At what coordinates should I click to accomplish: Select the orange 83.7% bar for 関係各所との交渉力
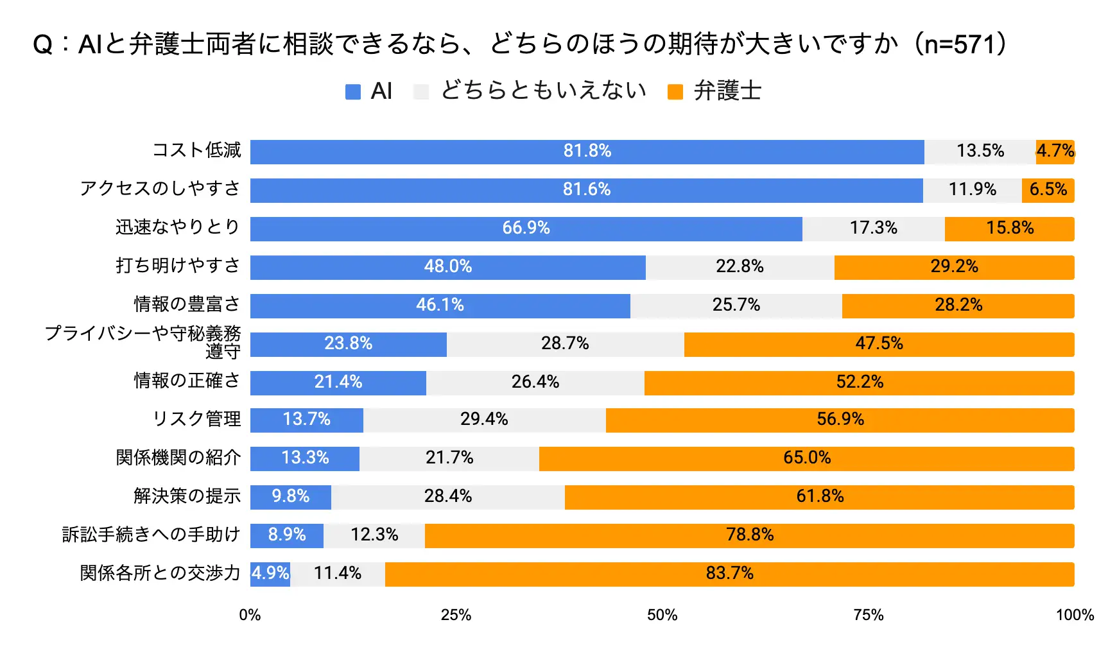[729, 574]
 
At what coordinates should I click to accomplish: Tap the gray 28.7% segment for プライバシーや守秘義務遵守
[565, 344]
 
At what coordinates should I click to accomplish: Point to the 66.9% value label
[526, 228]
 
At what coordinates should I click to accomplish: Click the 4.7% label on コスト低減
[1055, 151]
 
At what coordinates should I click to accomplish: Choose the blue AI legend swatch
[352, 92]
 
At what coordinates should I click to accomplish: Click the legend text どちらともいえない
[543, 91]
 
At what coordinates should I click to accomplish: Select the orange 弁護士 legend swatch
[675, 92]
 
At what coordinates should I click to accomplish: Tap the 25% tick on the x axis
[456, 615]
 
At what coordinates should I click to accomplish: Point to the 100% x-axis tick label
[1075, 615]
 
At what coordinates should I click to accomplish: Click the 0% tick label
[250, 615]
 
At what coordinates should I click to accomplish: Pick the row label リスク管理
[196, 419]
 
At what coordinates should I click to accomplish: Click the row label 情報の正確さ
[187, 381]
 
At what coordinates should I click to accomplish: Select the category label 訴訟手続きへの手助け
[151, 534]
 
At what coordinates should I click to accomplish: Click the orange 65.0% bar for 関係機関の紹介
[806, 458]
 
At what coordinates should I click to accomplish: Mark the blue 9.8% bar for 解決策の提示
[290, 497]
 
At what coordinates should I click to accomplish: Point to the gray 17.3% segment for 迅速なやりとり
[873, 229]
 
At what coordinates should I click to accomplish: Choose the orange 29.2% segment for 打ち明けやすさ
[954, 267]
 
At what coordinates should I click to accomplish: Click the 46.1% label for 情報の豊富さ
[440, 305]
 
